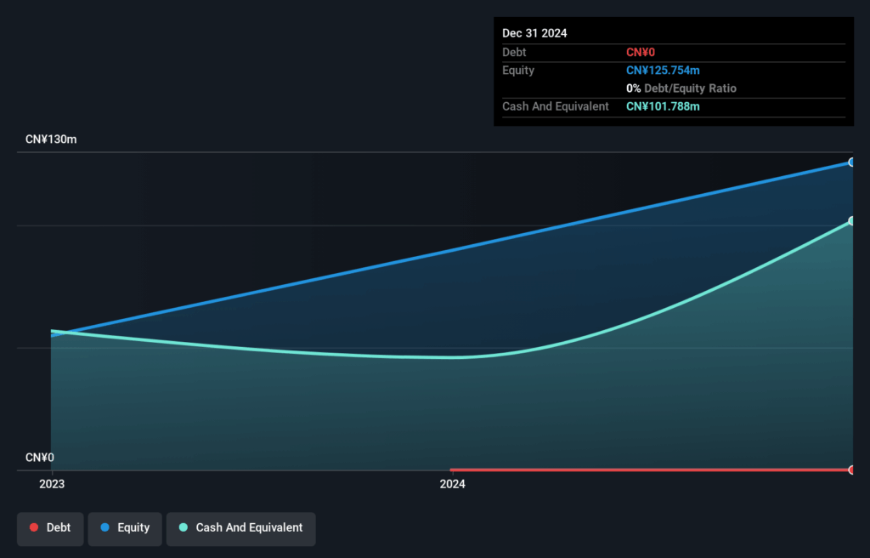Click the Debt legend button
pyautogui.click(x=50, y=528)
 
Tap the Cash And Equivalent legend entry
pyautogui.click(x=240, y=528)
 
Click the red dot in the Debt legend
pyautogui.click(x=34, y=528)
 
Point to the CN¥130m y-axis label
pyautogui.click(x=51, y=139)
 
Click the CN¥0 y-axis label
pyautogui.click(x=40, y=458)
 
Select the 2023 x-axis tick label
pyautogui.click(x=52, y=485)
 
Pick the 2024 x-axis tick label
pyautogui.click(x=452, y=485)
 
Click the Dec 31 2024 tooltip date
pyautogui.click(x=534, y=33)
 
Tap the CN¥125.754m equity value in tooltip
pyautogui.click(x=663, y=71)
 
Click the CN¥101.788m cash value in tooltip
pyautogui.click(x=663, y=106)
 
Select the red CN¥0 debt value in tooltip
pyautogui.click(x=641, y=53)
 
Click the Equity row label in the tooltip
pyautogui.click(x=518, y=71)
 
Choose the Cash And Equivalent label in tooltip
pyautogui.click(x=556, y=106)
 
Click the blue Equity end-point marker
pyautogui.click(x=851, y=162)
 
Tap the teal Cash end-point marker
pyautogui.click(x=851, y=221)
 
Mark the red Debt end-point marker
pyautogui.click(x=851, y=470)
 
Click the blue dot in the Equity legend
pyautogui.click(x=105, y=528)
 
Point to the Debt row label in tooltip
pyautogui.click(x=514, y=53)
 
